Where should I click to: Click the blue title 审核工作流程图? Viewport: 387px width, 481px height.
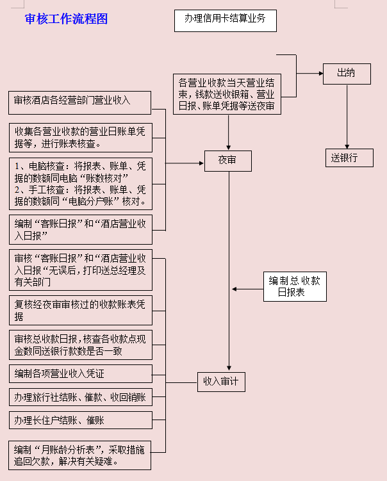(66, 19)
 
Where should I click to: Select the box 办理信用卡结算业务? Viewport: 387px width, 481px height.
(225, 20)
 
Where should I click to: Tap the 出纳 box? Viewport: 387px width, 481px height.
(346, 74)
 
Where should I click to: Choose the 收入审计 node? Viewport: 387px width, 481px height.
(221, 382)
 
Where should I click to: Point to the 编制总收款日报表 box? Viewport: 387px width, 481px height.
(295, 286)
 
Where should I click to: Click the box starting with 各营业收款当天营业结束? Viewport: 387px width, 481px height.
(227, 95)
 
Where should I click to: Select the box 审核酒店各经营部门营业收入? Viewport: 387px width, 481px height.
(80, 102)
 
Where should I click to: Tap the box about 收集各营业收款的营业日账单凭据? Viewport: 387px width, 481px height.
(80, 136)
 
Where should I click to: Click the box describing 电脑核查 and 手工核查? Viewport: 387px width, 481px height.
(80, 184)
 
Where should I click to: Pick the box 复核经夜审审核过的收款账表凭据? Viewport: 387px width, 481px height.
(80, 310)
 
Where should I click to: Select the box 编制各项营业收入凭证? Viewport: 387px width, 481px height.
(80, 373)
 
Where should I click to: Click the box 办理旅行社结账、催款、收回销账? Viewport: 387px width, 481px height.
(80, 397)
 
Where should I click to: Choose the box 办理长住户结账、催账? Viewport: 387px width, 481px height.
(80, 420)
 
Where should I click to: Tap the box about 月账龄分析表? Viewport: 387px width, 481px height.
(80, 455)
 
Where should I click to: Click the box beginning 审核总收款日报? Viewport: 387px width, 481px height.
(80, 345)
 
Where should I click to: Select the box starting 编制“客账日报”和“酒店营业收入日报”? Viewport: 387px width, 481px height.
(80, 231)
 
